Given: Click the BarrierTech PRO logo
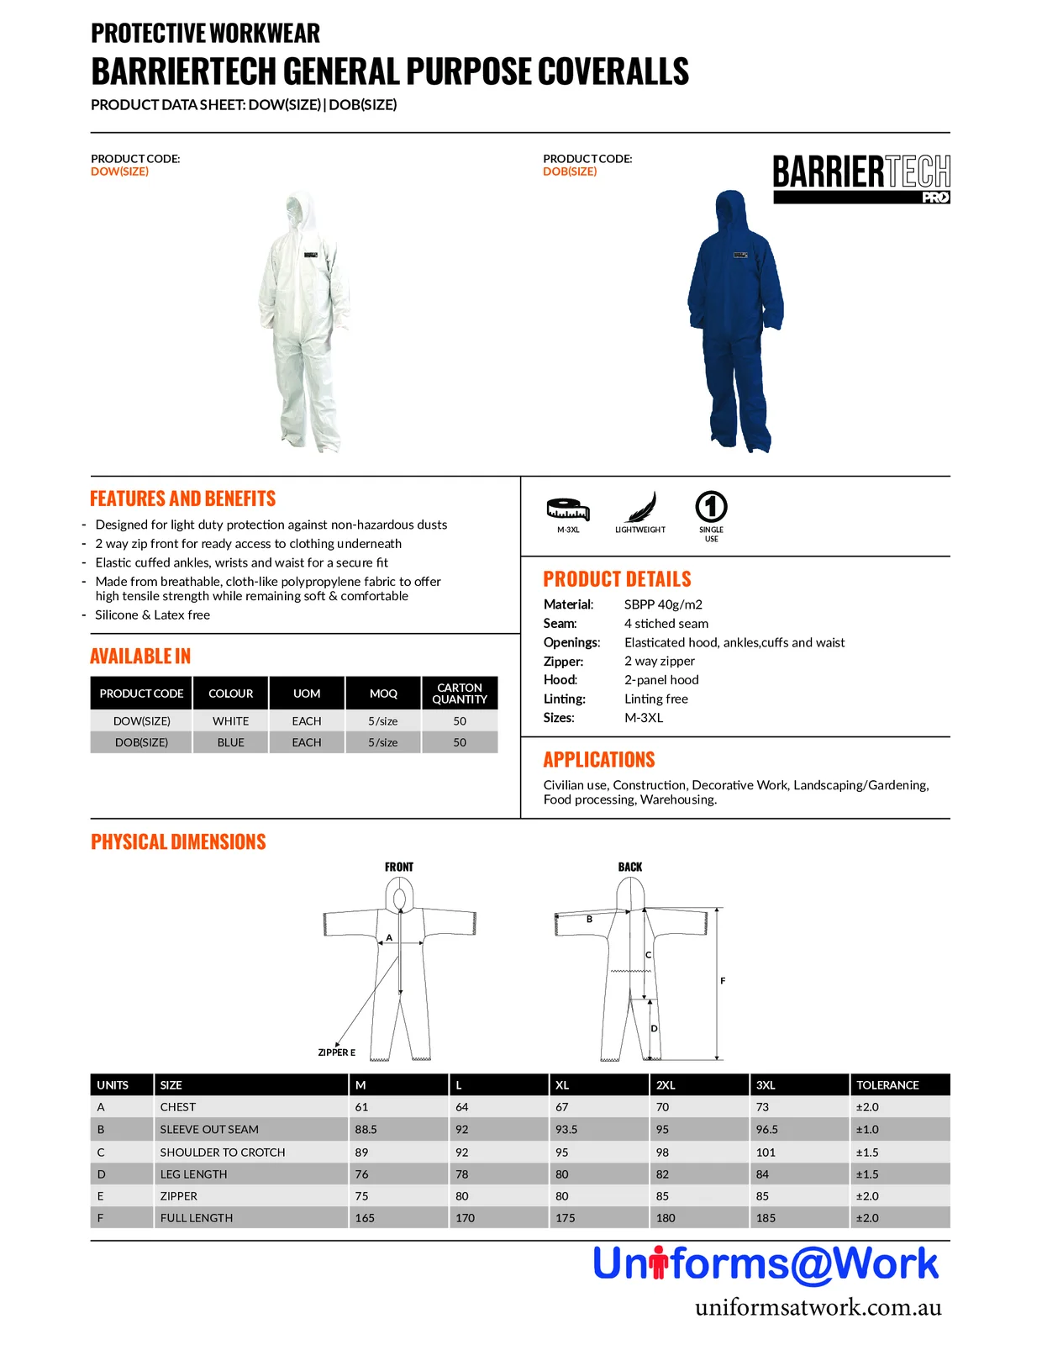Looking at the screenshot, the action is (x=860, y=178).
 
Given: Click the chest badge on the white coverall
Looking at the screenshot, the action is (x=310, y=255).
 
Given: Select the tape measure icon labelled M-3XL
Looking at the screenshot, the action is (x=568, y=509).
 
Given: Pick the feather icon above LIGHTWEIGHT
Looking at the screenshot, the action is (x=641, y=507).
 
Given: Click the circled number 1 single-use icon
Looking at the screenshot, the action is (x=711, y=506).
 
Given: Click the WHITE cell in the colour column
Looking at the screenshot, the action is (x=230, y=721).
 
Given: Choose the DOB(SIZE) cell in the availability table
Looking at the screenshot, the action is (x=141, y=742).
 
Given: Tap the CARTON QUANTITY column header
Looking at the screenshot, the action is (x=459, y=694).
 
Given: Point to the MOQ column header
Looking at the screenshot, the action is (x=383, y=694).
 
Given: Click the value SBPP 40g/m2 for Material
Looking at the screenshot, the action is (x=663, y=604).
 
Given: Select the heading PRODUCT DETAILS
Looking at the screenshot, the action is (x=617, y=578).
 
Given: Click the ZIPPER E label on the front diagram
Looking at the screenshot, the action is (x=336, y=1052).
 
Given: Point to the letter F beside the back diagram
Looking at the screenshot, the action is (x=723, y=980).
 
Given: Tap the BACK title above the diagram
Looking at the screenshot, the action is (x=630, y=867).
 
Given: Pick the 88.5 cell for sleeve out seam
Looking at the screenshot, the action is (x=366, y=1129).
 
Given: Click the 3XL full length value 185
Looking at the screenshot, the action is (x=766, y=1217).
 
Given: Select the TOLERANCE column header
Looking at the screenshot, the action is (x=887, y=1085).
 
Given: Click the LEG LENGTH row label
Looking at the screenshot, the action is (x=193, y=1174).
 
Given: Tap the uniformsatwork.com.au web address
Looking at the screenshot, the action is (x=818, y=1307).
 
